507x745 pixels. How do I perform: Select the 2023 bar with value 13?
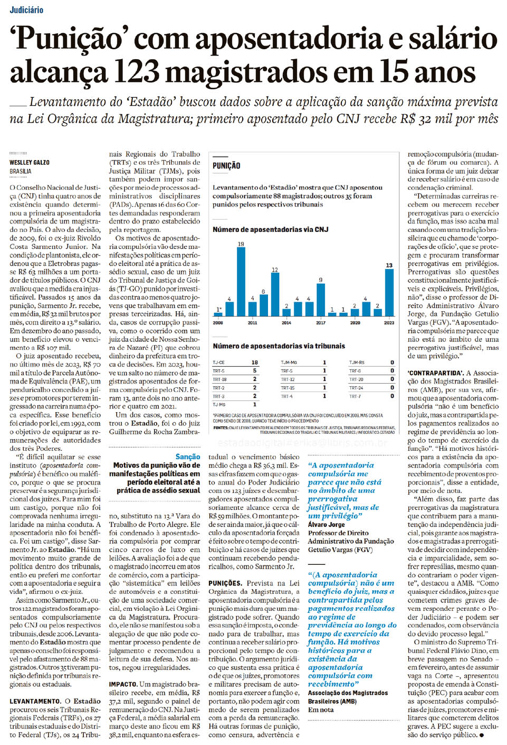(389, 292)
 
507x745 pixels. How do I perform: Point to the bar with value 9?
(320, 299)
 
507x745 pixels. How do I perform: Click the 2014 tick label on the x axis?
(286, 322)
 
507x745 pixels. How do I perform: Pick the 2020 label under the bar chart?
(355, 322)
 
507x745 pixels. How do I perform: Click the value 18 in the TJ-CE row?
(255, 362)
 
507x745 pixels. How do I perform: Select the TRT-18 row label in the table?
(219, 379)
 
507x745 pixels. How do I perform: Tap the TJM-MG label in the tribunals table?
(289, 362)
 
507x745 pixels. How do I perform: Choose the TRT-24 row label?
(356, 388)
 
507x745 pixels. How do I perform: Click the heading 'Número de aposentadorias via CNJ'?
(270, 229)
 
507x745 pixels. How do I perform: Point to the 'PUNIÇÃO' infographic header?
(226, 166)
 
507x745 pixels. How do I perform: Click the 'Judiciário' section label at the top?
(26, 10)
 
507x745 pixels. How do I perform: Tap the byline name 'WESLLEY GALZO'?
(30, 162)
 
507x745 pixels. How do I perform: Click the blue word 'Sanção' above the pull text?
(188, 457)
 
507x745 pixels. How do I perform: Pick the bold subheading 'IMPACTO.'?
(123, 684)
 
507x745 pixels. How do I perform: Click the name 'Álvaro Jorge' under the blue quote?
(326, 524)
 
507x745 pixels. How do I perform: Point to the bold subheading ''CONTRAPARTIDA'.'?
(435, 373)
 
